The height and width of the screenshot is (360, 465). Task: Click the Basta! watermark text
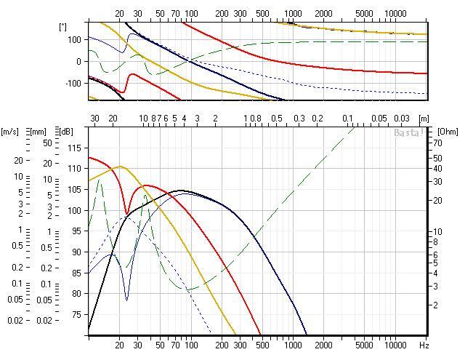(x=408, y=133)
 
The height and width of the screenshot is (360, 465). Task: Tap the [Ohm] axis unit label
(x=447, y=130)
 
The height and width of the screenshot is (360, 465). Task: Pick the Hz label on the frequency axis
(x=424, y=343)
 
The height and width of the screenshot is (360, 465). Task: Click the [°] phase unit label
(x=62, y=26)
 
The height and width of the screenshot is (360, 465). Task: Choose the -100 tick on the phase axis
(x=70, y=84)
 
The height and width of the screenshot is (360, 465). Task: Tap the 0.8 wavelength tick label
(x=255, y=118)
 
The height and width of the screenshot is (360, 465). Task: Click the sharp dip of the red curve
(x=127, y=214)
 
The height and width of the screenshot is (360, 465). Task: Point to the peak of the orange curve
(x=120, y=167)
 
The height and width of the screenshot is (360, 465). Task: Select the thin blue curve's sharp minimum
(x=126, y=299)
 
